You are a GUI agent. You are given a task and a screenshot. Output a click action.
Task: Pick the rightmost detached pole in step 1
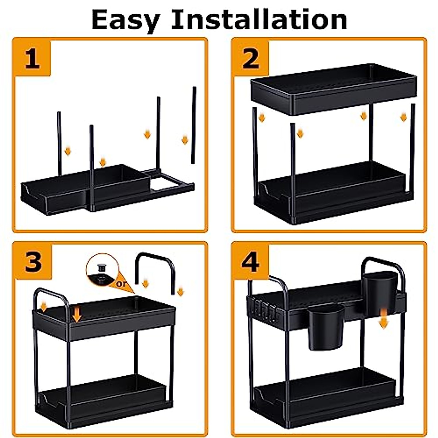click(194, 124)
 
